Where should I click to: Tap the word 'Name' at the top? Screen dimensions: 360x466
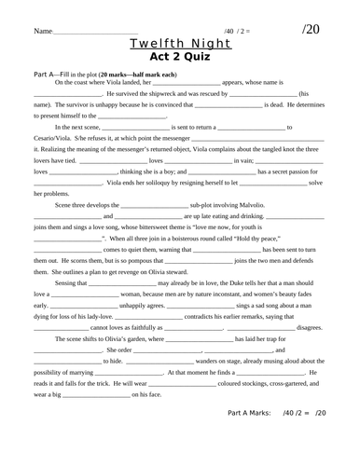43,31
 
